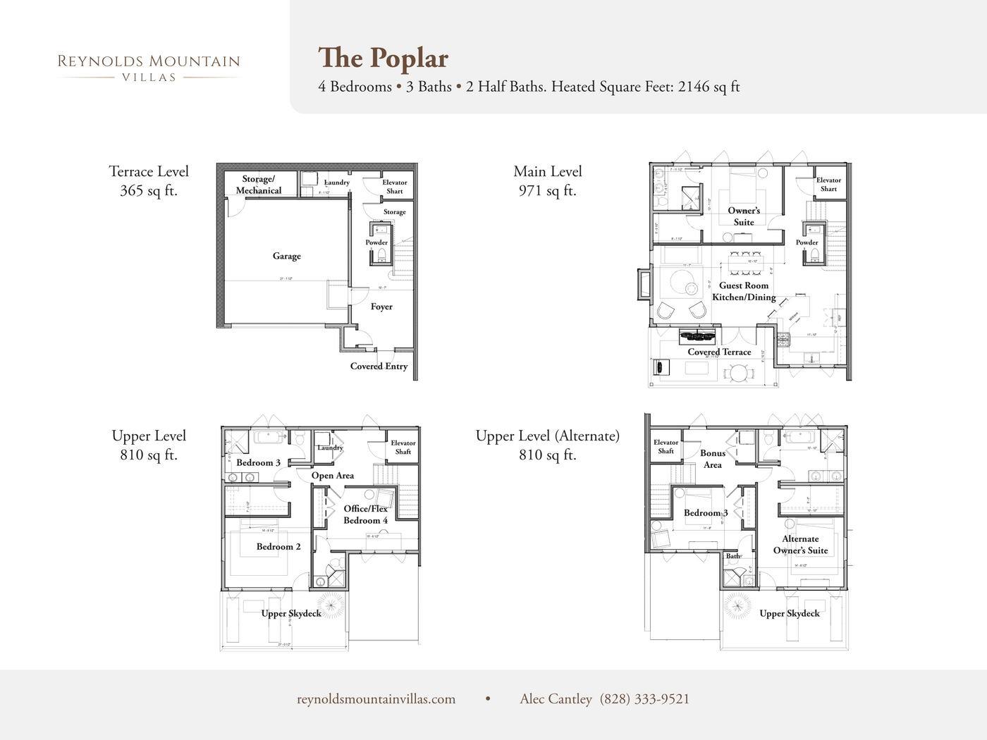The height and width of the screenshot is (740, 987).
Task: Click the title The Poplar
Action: pos(383,58)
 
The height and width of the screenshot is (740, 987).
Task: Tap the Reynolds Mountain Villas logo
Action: pos(149,68)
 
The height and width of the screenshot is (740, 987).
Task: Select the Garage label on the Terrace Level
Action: pos(287,256)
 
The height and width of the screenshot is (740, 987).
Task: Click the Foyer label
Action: pos(381,307)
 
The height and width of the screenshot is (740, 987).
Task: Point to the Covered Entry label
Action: pos(379,366)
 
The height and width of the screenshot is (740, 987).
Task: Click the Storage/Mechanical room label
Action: pos(258,185)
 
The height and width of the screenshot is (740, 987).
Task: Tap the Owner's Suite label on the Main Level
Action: pos(744,216)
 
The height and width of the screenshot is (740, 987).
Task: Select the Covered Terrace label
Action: pos(719,352)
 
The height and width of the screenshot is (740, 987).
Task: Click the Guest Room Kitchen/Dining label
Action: pos(744,291)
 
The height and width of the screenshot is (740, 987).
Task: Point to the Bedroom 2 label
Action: pos(278,547)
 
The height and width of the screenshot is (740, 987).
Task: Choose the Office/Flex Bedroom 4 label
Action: pos(365,514)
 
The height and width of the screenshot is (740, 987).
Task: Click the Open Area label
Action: pos(333,476)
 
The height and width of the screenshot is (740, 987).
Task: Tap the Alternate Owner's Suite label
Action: pos(800,545)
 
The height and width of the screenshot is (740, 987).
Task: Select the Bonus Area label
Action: pos(713,459)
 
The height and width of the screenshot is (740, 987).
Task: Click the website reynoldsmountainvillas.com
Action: pos(376,699)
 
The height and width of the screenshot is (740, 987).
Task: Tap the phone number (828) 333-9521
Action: pos(644,699)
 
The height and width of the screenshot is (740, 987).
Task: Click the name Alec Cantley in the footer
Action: pos(556,699)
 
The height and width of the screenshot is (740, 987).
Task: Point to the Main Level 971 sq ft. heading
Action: pos(548,181)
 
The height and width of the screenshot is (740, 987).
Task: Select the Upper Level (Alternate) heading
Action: pos(548,436)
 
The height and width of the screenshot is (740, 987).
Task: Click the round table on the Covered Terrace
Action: pos(738,373)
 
